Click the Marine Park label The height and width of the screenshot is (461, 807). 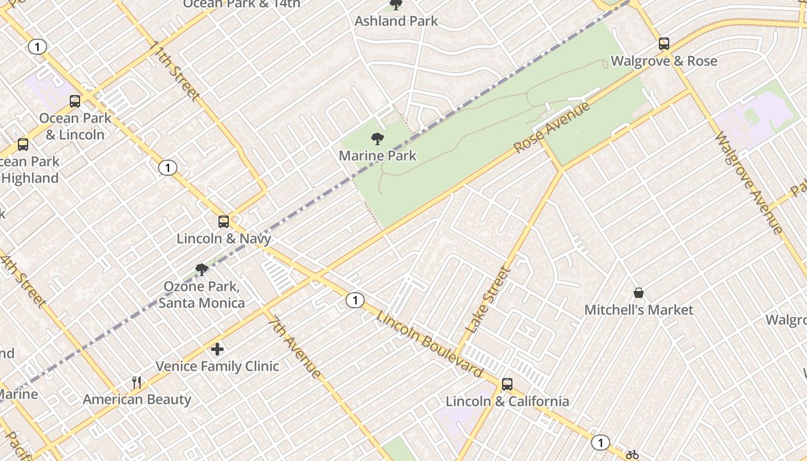tap(377, 156)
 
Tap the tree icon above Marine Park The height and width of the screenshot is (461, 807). tap(378, 139)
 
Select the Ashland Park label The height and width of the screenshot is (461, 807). tap(396, 21)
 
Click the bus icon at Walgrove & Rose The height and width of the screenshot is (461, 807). tap(664, 44)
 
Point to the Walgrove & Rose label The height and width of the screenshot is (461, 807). tap(664, 61)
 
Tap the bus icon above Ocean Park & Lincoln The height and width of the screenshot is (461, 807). tap(75, 101)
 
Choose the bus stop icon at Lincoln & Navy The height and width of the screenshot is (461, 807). tap(224, 221)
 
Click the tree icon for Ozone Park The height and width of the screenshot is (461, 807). tap(201, 269)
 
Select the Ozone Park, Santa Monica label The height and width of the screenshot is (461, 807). tap(202, 294)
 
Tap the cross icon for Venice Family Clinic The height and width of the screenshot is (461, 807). tap(217, 349)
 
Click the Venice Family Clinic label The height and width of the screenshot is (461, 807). tap(217, 366)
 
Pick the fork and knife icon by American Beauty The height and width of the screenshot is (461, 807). tap(137, 382)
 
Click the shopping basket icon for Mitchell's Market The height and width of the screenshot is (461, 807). tap(639, 293)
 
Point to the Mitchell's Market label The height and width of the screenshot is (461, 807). tap(639, 310)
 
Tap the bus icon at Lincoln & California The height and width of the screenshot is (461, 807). tap(507, 384)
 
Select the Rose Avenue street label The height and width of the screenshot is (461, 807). tap(552, 127)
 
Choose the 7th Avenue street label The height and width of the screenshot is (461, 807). tap(294, 346)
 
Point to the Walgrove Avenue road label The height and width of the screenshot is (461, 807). tap(748, 183)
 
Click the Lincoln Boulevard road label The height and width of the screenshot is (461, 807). tap(429, 344)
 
